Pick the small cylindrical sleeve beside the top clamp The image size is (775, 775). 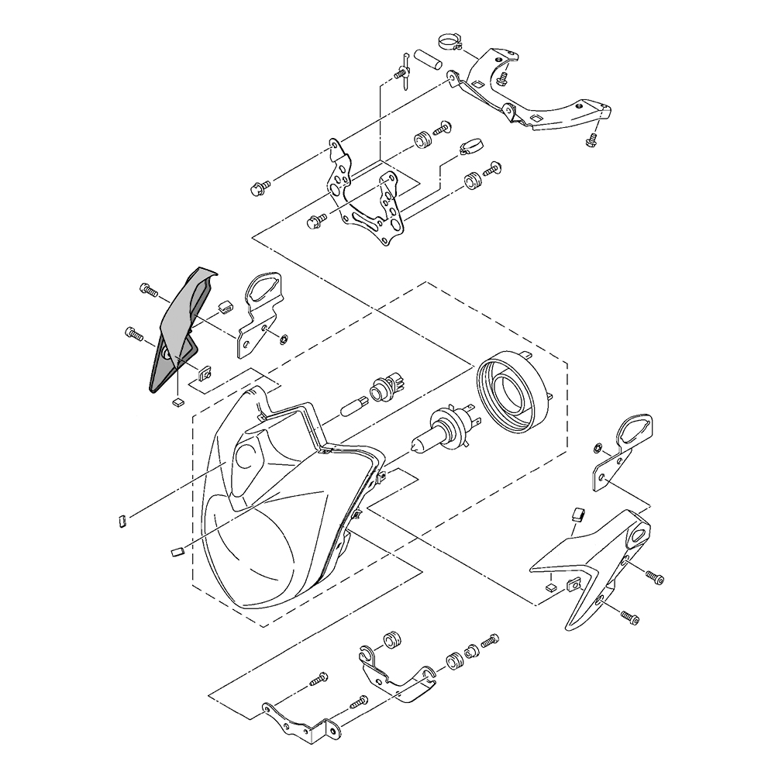coord(426,58)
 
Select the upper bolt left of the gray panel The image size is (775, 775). coord(147,291)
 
